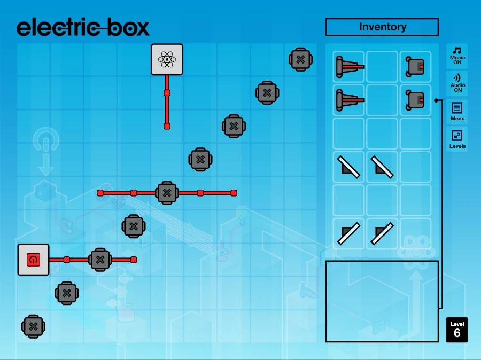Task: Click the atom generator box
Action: [x=167, y=59]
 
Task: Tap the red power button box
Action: [x=33, y=260]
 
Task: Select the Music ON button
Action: [x=457, y=56]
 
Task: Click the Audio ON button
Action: [x=457, y=83]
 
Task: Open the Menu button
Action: [x=457, y=111]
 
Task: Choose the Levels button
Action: [x=457, y=139]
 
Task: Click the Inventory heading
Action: [x=382, y=27]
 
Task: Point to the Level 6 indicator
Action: [x=457, y=330]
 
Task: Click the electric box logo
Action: [x=83, y=27]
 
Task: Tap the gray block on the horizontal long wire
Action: [x=167, y=193]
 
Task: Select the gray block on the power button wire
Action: [x=100, y=260]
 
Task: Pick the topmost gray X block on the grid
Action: [x=300, y=59]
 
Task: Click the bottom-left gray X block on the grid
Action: [x=33, y=326]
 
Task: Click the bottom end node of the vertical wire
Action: [x=167, y=126]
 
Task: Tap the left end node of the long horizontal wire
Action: [x=100, y=193]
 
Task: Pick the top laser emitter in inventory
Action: [x=349, y=67]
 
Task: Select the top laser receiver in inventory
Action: [x=415, y=67]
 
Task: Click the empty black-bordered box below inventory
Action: [x=382, y=301]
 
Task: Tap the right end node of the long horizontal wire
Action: [x=234, y=193]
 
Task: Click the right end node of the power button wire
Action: [x=134, y=260]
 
